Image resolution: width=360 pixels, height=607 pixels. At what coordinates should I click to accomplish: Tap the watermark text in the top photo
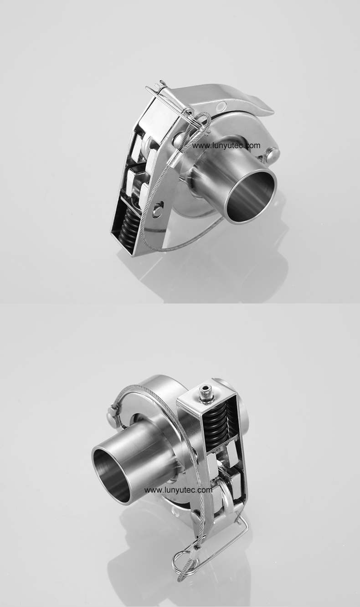pos(226,146)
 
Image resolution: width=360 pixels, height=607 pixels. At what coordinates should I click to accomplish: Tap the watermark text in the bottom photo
pos(178,490)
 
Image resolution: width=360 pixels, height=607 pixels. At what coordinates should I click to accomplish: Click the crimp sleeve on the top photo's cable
pos(174,158)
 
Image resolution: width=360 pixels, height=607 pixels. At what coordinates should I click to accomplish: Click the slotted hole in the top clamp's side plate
pos(157,209)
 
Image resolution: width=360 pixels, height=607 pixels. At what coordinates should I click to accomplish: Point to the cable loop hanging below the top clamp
pos(182,244)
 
